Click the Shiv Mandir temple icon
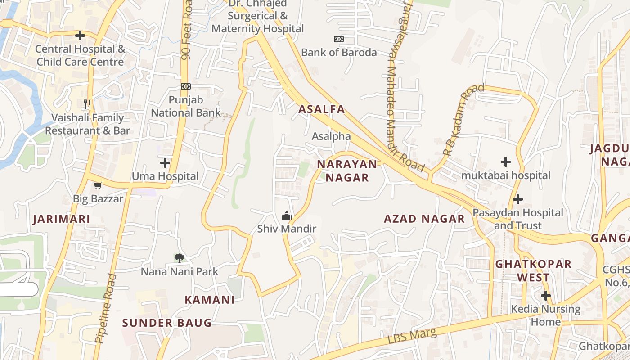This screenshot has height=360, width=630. pos(286,216)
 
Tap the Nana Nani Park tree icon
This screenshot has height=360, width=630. pos(180,258)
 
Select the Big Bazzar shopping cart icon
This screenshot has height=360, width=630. pos(98,185)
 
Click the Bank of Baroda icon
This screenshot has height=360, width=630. pos(339,39)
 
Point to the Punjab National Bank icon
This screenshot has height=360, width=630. pos(185,86)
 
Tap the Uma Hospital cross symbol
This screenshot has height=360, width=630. pos(165,162)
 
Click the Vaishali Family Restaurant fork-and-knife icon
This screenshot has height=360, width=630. pos(87,104)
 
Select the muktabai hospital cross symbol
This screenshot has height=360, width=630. pos(506,162)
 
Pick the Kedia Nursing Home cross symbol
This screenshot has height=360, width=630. pos(546,296)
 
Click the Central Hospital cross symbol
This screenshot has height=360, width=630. pos(80,36)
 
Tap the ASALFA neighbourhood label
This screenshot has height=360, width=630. pos(322,109)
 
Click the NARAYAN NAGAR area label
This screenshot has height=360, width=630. pos(347,171)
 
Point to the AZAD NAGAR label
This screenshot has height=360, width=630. pos(424,219)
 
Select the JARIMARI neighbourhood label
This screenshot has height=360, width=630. pos(61,220)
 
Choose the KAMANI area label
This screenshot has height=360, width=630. pos(210,300)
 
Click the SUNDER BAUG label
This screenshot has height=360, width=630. pos(166,323)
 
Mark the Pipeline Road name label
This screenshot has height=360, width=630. pos(106,309)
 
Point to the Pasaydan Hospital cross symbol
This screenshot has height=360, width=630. pos(518,199)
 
